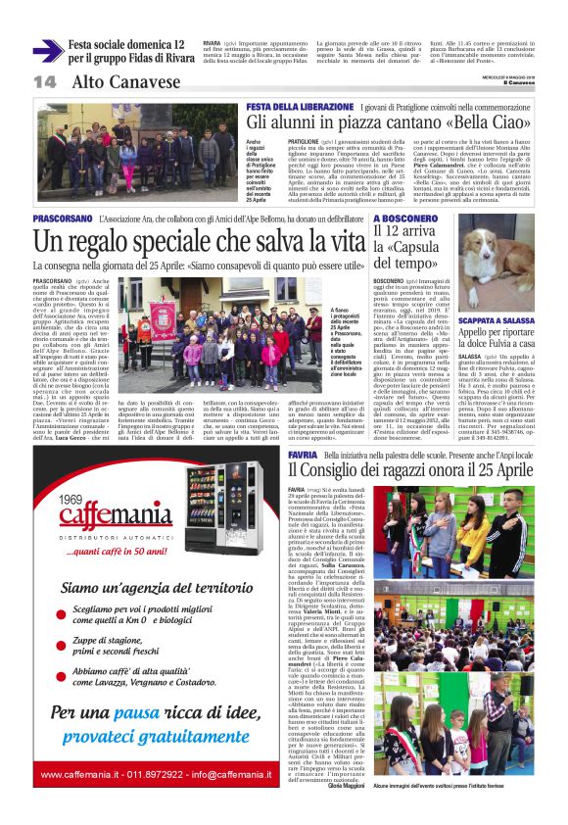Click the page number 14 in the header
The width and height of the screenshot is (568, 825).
tap(44, 81)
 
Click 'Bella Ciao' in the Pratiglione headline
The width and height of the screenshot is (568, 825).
tap(489, 121)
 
